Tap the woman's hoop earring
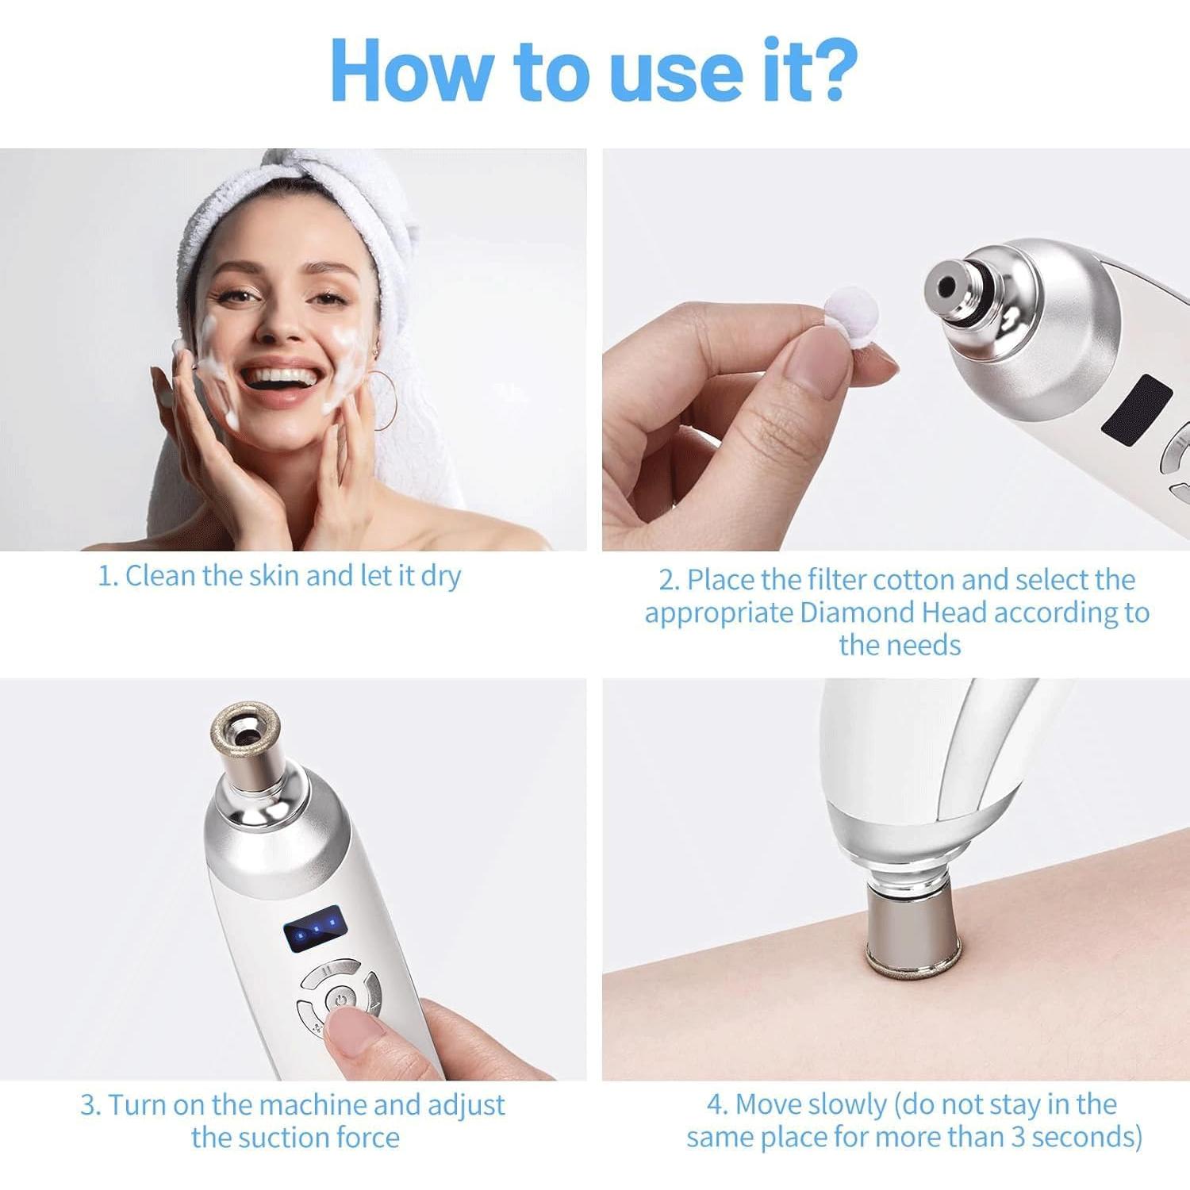click(385, 401)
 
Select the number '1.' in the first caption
click(108, 577)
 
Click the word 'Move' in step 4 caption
click(770, 1104)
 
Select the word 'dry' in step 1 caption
click(440, 577)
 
